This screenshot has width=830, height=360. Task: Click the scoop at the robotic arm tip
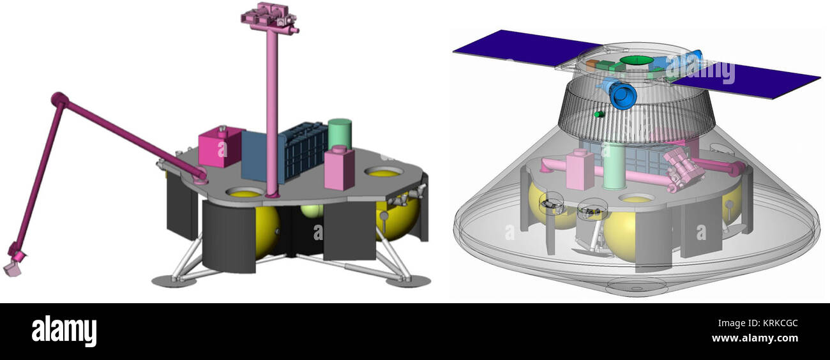pos(13,269)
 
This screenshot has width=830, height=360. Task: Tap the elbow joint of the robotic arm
pos(58,99)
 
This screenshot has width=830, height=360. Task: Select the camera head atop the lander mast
pos(269,17)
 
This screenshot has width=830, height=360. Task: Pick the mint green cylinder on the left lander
pos(340,134)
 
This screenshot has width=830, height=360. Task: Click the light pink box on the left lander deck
pos(340,167)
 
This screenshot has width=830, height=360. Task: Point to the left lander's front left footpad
pos(174,280)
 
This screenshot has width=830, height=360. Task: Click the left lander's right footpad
pos(407,280)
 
